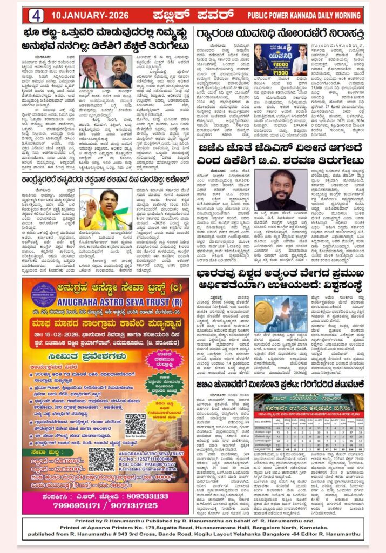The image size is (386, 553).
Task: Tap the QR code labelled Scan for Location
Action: point(135,425)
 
